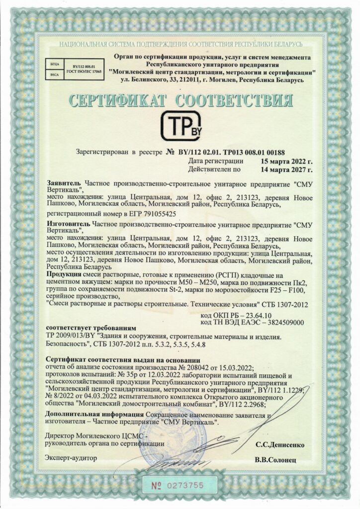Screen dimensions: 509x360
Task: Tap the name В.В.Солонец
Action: (279, 460)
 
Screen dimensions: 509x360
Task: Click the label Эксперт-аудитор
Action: (71, 457)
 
